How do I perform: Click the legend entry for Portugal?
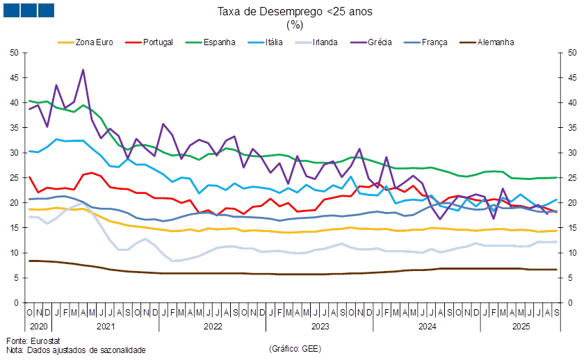click(156, 42)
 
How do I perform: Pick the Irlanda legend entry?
click(325, 42)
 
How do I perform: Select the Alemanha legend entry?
click(496, 42)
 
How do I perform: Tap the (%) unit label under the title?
click(295, 24)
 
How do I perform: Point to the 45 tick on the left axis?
click(14, 77)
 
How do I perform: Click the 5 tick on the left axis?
click(15, 278)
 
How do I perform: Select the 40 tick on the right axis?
click(572, 102)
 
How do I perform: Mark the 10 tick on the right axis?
click(572, 253)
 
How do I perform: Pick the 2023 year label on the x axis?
click(320, 325)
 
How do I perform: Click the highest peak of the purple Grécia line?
click(83, 69)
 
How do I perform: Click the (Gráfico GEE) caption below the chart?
click(295, 348)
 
